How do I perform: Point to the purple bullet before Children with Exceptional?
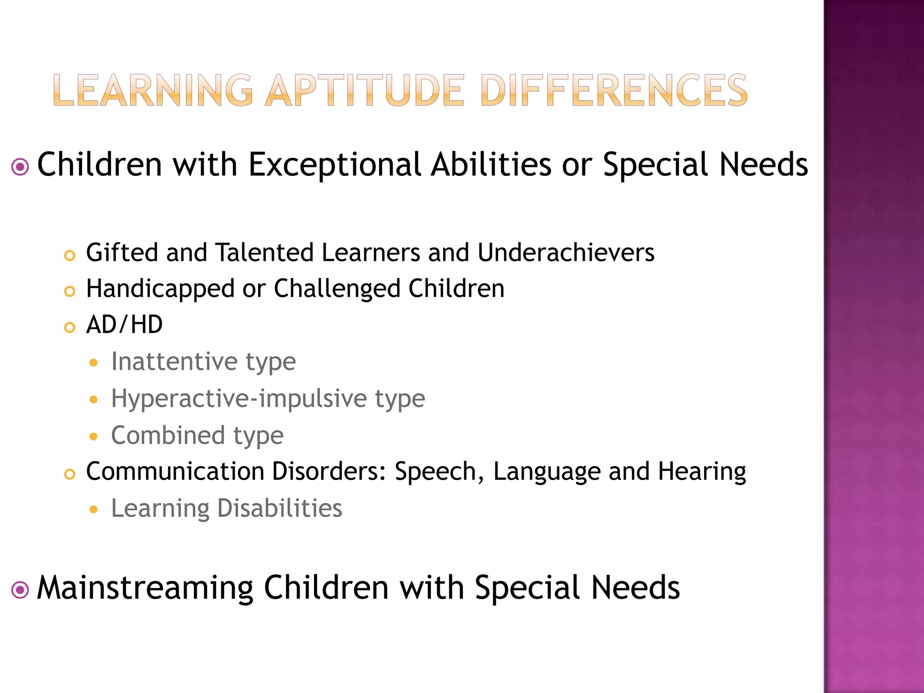click(20, 167)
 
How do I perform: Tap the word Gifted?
click(122, 253)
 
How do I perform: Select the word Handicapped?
click(160, 289)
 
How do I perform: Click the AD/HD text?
click(125, 324)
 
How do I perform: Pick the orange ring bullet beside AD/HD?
click(69, 327)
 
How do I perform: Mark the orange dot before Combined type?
click(93, 436)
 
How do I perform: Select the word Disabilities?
click(280, 508)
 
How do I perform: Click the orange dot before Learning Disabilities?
click(93, 510)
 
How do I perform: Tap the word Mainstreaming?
click(145, 588)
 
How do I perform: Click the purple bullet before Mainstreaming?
click(20, 590)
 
